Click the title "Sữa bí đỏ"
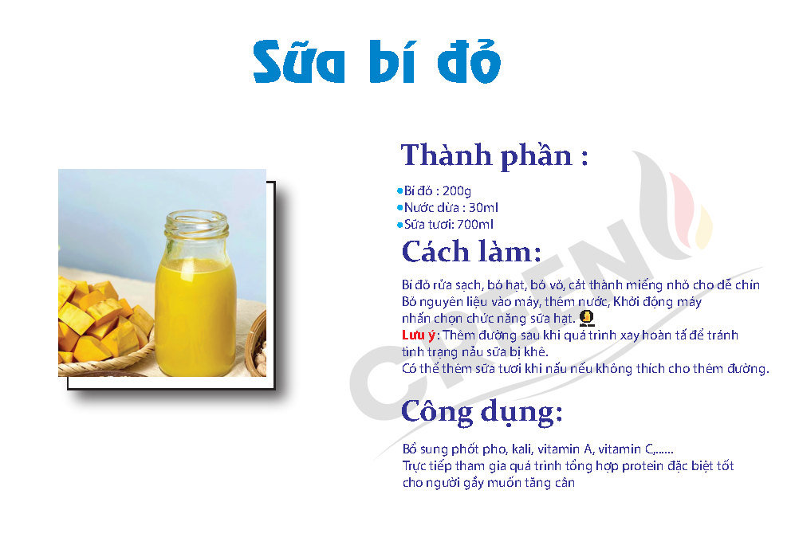pyautogui.click(x=376, y=62)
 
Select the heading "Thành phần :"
pyautogui.click(x=494, y=155)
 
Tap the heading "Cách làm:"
pyautogui.click(x=471, y=252)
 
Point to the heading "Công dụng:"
pyautogui.click(x=482, y=411)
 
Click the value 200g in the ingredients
pyautogui.click(x=457, y=191)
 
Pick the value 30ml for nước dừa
pyautogui.click(x=484, y=208)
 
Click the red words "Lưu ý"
pyautogui.click(x=419, y=335)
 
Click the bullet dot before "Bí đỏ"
pyautogui.click(x=399, y=191)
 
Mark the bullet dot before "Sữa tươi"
pyautogui.click(x=399, y=225)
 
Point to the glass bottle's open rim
pyautogui.click(x=197, y=220)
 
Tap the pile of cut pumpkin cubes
pyautogui.click(x=100, y=323)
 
